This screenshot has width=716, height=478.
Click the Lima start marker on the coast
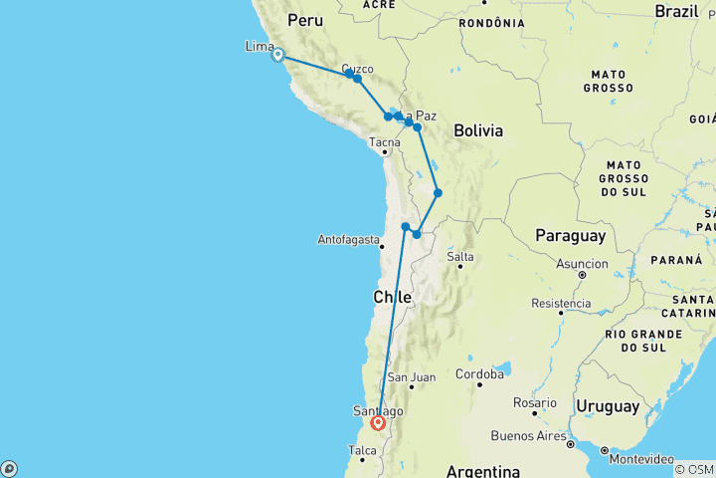[278, 56]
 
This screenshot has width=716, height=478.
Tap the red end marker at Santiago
[379, 422]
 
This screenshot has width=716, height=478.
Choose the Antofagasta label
[348, 239]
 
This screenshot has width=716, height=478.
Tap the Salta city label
[459, 256]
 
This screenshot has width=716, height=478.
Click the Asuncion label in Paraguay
[582, 264]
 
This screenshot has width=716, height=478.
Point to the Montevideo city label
[641, 458]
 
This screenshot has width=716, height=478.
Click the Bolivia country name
[478, 130]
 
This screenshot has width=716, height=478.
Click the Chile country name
[392, 296]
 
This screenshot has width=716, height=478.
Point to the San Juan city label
[411, 377]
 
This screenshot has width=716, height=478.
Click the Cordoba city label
[479, 374]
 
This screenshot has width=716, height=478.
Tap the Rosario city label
[534, 402]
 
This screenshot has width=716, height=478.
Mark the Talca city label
[362, 451]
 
